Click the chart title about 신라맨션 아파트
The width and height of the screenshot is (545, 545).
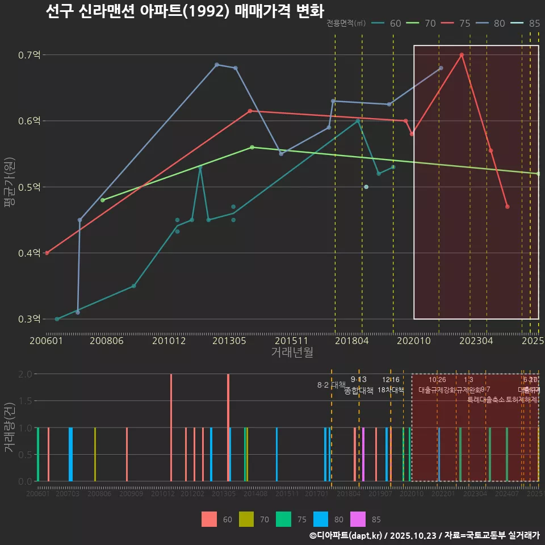[185, 11]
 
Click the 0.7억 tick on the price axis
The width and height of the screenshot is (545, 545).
[29, 55]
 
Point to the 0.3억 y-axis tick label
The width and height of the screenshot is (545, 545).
[29, 319]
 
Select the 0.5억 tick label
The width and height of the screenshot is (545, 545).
[29, 187]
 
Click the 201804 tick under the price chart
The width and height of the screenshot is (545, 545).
[352, 341]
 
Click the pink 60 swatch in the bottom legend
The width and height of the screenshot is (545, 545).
[209, 519]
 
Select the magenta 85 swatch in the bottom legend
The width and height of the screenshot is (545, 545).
[359, 519]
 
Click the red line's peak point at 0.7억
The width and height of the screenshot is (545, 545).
[462, 55]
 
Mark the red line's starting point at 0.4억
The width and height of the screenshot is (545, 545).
[47, 253]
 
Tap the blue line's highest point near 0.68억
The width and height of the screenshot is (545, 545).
[217, 65]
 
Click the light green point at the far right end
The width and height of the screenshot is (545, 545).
[538, 174]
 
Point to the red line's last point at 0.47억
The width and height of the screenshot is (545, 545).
[507, 207]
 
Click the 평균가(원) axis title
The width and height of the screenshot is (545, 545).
[10, 187]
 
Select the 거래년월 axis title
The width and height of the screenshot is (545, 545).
[292, 352]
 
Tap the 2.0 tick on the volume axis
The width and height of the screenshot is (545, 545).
[26, 374]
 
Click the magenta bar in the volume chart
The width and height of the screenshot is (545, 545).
[363, 454]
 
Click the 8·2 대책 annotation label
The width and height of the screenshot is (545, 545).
[331, 385]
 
